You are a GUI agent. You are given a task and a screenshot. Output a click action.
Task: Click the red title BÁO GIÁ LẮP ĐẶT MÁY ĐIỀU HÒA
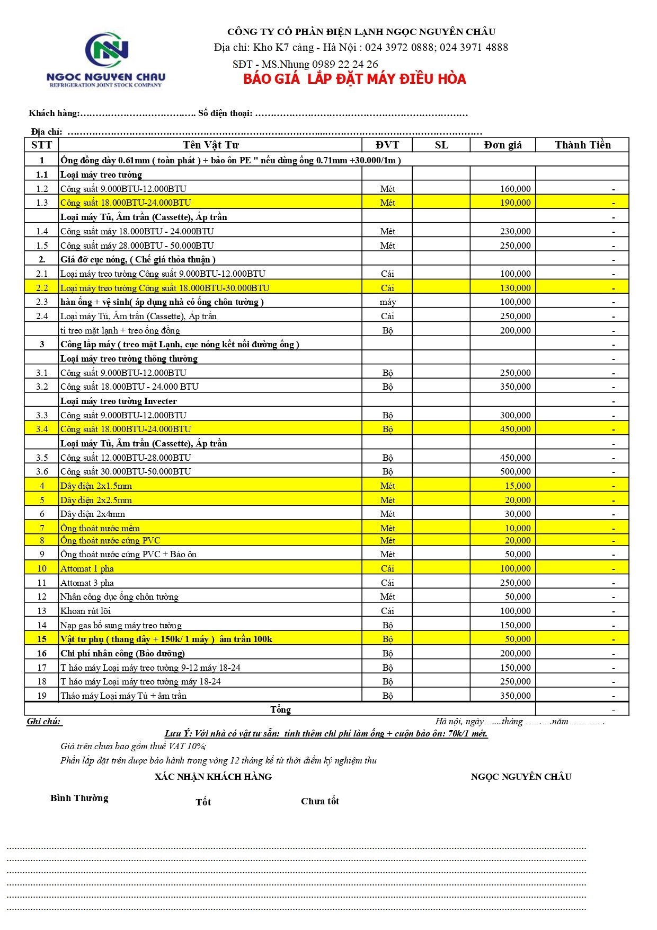pos(354,80)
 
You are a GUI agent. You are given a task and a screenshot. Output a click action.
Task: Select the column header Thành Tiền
pos(582,145)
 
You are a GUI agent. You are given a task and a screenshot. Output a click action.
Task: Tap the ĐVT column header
pos(387,145)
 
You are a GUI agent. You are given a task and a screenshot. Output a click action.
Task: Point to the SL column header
pos(441,145)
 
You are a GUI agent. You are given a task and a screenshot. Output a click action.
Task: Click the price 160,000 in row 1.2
pos(515,189)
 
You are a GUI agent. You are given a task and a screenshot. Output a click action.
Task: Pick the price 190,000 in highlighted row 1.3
pos(515,203)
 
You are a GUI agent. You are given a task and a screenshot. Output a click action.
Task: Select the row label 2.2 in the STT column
pos(42,288)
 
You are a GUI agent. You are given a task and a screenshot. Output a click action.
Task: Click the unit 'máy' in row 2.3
pos(387,302)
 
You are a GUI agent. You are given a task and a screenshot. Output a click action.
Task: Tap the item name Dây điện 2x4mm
pos(93,514)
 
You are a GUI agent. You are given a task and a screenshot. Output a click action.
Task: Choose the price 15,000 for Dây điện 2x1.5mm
pos(517,486)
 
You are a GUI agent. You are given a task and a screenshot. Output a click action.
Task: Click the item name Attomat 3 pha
pos(87,583)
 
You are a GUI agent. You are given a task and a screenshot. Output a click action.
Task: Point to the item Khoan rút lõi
pos(85,611)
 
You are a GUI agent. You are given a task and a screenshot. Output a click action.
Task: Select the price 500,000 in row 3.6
pos(515,471)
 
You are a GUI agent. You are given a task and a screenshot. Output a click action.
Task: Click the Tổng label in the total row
pos(280,709)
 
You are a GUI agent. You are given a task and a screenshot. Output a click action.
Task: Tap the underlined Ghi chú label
pos(44,722)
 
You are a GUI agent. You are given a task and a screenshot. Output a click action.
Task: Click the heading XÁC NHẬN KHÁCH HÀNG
pos(213,777)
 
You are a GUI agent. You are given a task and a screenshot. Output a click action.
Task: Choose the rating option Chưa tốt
pos(320,801)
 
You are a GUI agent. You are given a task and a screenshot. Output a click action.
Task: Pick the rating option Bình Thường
pos(79,798)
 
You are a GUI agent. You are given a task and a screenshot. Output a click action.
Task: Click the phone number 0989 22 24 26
pos(345,64)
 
